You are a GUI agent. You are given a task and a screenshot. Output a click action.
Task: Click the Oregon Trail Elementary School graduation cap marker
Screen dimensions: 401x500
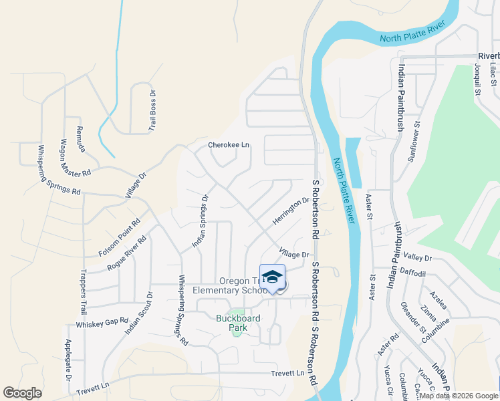click(x=272, y=277)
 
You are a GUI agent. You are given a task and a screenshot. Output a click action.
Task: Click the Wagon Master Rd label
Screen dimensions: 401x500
click(x=75, y=158)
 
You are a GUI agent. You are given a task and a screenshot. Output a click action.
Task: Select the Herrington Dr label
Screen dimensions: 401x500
click(x=291, y=211)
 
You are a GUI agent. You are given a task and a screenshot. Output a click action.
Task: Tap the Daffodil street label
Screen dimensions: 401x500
click(x=412, y=273)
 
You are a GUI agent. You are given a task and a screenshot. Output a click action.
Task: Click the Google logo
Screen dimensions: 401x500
click(x=22, y=393)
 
